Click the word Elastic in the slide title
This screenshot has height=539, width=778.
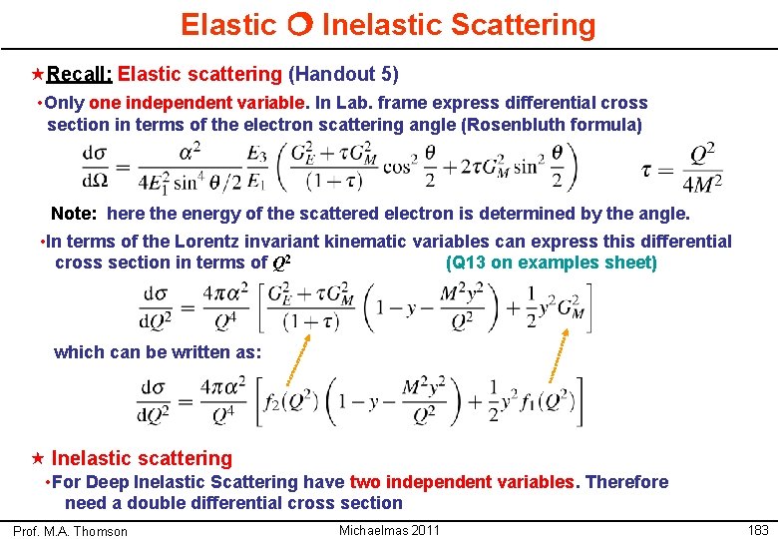pyautogui.click(x=228, y=24)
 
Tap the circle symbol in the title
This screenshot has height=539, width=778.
pyautogui.click(x=299, y=25)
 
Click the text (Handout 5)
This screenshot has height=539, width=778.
pyautogui.click(x=343, y=74)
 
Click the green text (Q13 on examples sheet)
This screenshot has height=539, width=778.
pyautogui.click(x=551, y=263)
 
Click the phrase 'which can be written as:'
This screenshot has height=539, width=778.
pyautogui.click(x=158, y=351)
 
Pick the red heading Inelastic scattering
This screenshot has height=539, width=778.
pyautogui.click(x=141, y=458)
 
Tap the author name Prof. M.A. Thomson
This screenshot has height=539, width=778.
pyautogui.click(x=71, y=531)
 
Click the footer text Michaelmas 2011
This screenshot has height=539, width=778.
pyautogui.click(x=389, y=530)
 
